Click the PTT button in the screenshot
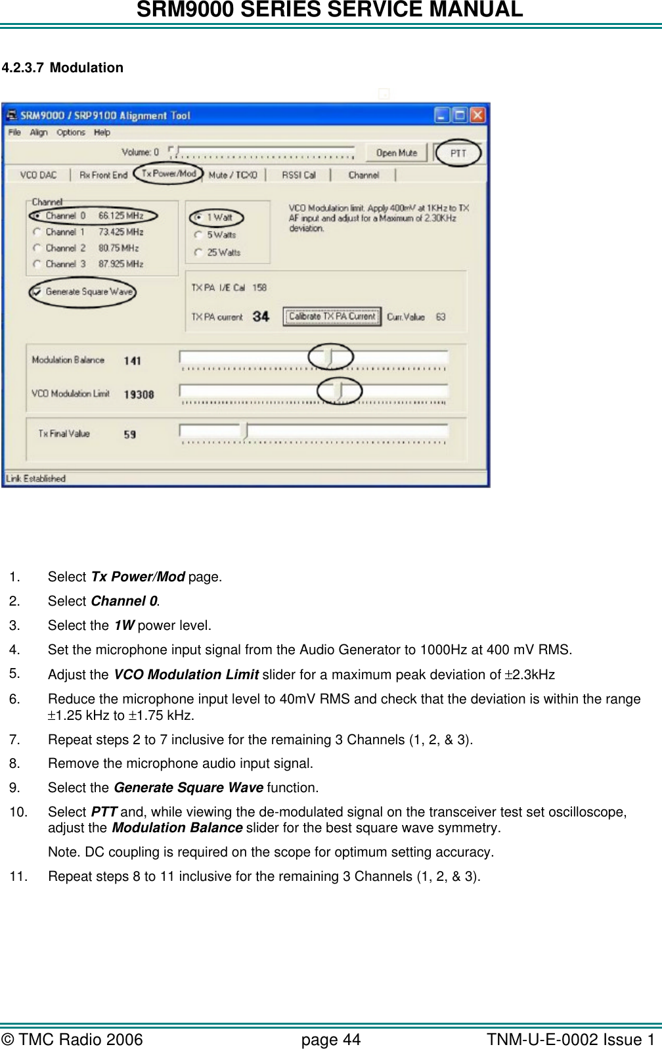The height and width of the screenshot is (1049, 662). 458,153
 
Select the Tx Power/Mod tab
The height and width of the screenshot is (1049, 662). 169,174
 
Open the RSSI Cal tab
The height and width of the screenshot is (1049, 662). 299,175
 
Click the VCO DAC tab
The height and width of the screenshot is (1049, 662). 38,175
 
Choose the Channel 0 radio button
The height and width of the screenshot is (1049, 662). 37,215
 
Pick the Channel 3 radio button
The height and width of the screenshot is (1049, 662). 37,264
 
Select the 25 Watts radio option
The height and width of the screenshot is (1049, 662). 198,252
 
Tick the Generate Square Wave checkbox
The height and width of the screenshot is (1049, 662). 37,292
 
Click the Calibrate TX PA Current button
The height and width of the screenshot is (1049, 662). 332,317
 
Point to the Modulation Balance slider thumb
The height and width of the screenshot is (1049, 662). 330,357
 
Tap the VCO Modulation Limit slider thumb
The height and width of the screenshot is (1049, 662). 340,391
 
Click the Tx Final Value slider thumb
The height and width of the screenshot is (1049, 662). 245,432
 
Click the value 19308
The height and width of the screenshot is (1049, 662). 139,395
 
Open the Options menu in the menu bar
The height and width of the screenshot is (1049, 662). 70,133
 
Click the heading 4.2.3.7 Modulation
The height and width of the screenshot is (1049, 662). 62,68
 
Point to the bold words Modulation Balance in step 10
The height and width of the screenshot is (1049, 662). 177,828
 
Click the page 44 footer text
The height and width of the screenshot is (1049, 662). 330,1040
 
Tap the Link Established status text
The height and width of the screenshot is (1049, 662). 35,479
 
